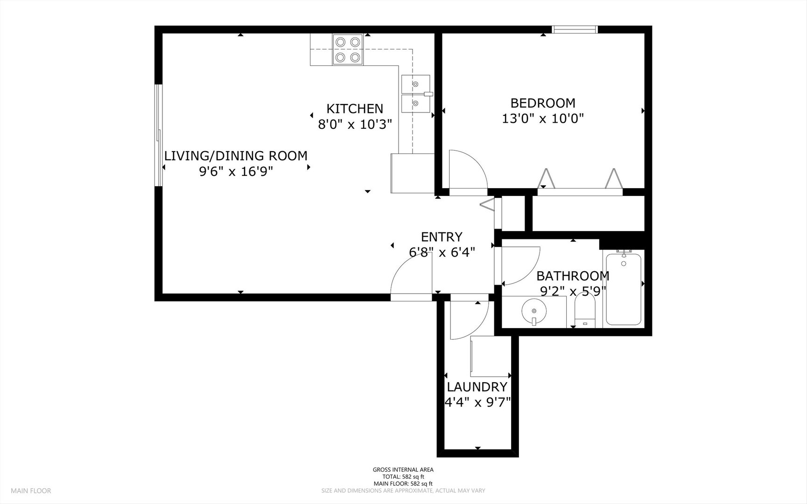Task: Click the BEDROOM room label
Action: tap(543, 103)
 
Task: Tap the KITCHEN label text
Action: tap(355, 109)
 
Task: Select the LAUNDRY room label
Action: tap(477, 387)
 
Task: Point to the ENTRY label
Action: tap(442, 237)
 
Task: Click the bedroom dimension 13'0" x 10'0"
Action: tap(543, 119)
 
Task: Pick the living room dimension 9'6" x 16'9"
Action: tap(236, 172)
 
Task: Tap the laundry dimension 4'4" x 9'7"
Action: tap(477, 402)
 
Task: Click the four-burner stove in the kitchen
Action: tap(348, 49)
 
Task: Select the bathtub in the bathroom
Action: tap(624, 288)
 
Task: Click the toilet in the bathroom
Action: tap(585, 308)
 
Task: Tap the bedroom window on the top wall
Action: tap(575, 29)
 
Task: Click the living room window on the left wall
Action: tap(159, 135)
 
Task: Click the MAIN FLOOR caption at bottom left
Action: tap(31, 490)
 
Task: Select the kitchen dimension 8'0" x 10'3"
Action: tap(355, 125)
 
